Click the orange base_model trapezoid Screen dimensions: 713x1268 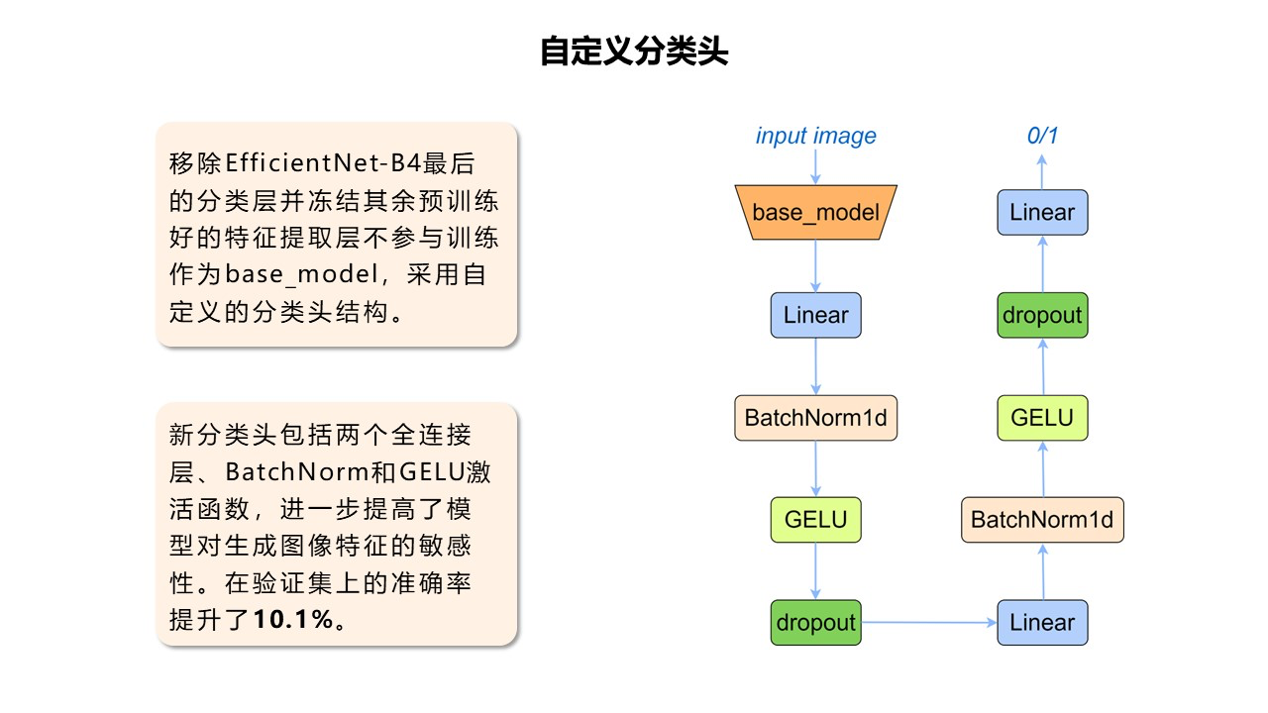815,212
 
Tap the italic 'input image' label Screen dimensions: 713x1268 815,136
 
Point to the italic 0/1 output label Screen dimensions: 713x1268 1042,136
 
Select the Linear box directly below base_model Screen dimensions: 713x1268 815,315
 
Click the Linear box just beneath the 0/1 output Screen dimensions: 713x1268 1042,212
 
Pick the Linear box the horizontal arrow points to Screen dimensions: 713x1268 1042,622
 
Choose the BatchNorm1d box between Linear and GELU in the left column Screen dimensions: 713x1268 815,418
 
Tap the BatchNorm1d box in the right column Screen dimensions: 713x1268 1042,520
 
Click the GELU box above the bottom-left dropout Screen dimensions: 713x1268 815,520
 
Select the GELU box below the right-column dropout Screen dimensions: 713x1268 1042,418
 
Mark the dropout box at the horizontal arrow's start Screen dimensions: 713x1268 815,622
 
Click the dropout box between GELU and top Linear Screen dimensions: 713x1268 1042,315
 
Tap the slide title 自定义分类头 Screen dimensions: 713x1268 634,51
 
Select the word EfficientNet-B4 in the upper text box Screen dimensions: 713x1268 324,162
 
